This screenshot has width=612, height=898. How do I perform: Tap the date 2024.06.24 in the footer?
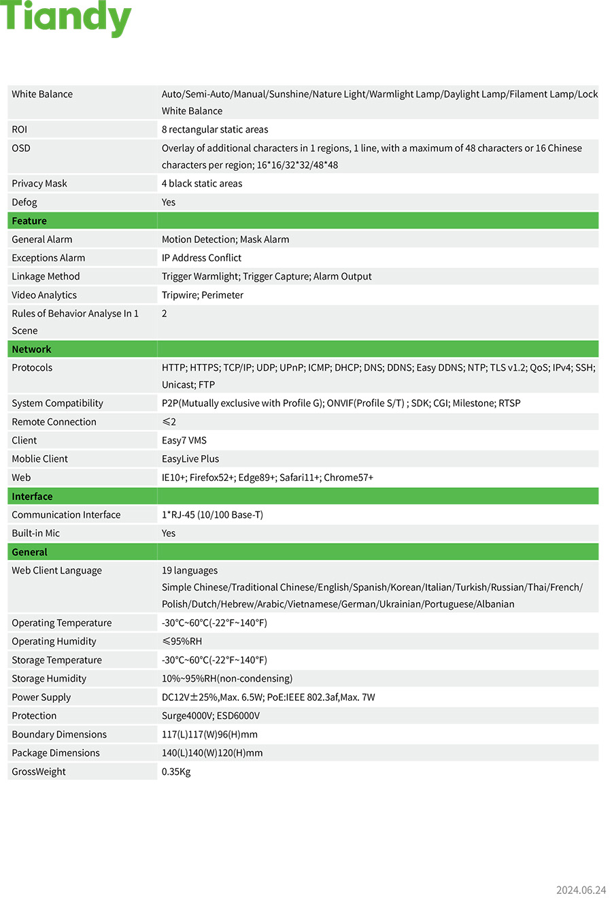[x=580, y=890]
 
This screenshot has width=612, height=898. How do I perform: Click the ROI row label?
[x=19, y=129]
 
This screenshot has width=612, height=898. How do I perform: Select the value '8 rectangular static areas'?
[x=215, y=129]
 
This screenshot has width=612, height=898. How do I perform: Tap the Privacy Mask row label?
[x=39, y=184]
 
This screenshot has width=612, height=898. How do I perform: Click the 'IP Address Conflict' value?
[x=201, y=258]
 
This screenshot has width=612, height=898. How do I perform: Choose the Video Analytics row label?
[x=44, y=295]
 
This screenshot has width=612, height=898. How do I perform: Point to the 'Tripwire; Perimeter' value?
[x=202, y=295]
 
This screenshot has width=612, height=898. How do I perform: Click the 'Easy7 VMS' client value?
[x=184, y=441]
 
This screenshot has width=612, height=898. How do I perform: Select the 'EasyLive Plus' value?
[x=190, y=459]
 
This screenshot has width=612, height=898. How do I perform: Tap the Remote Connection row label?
[x=54, y=422]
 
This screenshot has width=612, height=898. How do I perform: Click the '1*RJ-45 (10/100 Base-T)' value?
[x=212, y=515]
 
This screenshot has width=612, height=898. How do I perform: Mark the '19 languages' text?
[x=190, y=571]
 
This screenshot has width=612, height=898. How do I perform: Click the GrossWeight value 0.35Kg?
[x=176, y=772]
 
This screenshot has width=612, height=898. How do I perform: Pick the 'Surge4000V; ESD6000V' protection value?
[x=211, y=716]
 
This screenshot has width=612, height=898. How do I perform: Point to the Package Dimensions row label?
[x=56, y=753]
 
